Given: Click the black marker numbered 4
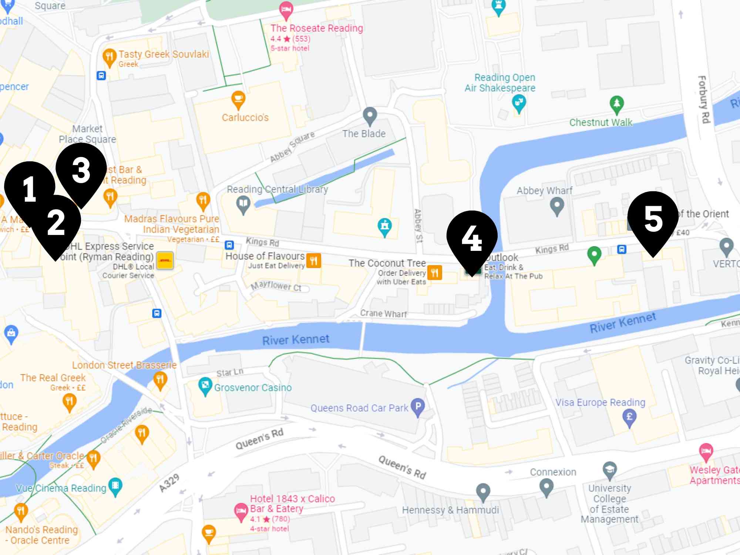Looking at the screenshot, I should (472, 237).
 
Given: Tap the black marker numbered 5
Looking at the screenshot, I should (653, 218).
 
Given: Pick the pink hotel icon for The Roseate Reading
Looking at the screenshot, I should (286, 9).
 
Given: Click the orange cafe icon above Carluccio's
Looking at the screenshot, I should (238, 99).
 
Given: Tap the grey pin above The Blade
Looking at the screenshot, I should (370, 115).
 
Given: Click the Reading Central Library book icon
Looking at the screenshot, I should (243, 204).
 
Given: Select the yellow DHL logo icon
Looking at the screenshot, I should (165, 260).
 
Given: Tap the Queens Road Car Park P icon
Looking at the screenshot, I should (418, 406).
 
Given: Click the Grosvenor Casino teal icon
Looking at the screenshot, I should (205, 386).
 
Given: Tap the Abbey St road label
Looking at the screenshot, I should (418, 226).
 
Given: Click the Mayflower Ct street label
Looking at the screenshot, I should (276, 286).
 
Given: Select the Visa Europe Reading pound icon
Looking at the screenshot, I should (629, 417).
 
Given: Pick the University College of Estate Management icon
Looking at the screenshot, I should (609, 470).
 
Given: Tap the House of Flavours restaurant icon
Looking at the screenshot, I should (314, 260).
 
